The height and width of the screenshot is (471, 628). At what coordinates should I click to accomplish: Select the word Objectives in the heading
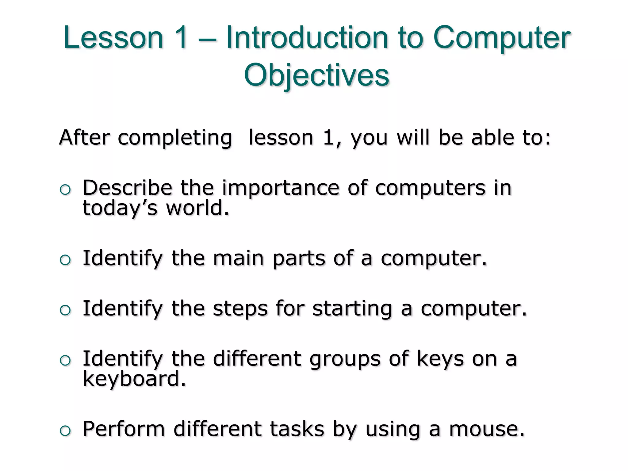tap(316, 75)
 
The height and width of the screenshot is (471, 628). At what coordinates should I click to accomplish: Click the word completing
tap(175, 138)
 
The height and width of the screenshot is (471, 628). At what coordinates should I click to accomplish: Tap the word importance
tap(281, 188)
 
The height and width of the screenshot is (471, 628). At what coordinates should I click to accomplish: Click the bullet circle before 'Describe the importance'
tap(65, 190)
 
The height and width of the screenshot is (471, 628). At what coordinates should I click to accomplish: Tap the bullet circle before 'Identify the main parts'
tap(65, 261)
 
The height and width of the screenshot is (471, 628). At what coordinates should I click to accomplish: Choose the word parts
tap(299, 258)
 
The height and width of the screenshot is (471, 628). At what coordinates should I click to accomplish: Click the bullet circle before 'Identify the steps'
tap(65, 311)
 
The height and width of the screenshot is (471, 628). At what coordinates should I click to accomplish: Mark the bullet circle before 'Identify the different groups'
tap(65, 361)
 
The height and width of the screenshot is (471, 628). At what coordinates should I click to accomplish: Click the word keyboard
tap(134, 379)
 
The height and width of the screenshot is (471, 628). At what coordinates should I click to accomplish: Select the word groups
tap(345, 359)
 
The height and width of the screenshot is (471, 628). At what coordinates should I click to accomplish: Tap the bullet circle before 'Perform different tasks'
tap(65, 431)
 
